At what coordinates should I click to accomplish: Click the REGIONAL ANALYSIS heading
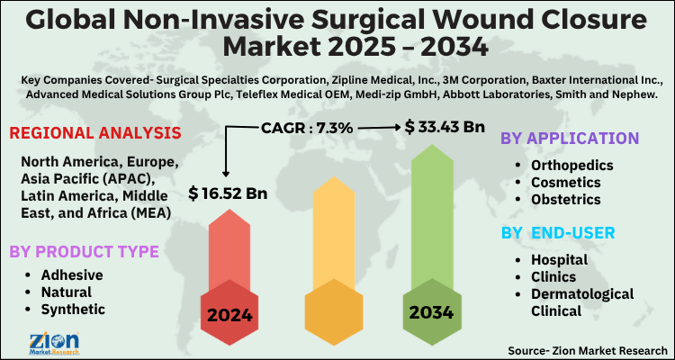tap(94, 134)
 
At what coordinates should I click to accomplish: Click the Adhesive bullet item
tap(73, 274)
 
